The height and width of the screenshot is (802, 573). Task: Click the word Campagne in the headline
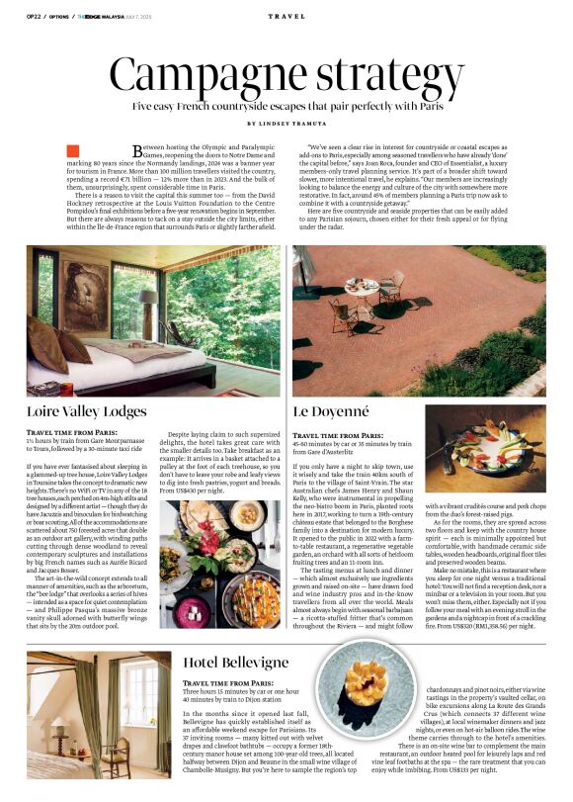[x=208, y=74]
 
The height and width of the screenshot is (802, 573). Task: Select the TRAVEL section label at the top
[x=286, y=17]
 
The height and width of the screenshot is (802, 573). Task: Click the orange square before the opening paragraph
[x=72, y=150]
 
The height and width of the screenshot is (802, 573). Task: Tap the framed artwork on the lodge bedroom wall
[x=87, y=293]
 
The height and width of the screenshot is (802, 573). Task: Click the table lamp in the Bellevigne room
[x=60, y=730]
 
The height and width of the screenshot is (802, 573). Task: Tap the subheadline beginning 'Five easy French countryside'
[x=286, y=105]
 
